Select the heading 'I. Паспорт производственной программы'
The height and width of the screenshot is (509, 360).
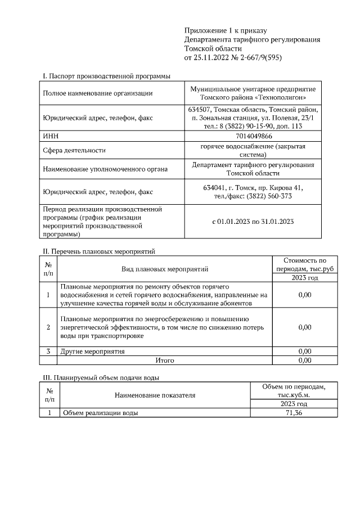[106, 76]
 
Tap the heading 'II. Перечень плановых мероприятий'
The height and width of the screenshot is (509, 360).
[99, 251]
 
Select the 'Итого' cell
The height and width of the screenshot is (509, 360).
[164, 360]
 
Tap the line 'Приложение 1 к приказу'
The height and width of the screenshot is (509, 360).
[225, 30]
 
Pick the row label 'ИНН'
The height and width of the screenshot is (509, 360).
[51, 136]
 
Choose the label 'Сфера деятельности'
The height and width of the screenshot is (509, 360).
[74, 151]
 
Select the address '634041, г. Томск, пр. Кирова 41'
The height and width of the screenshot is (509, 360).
[254, 187]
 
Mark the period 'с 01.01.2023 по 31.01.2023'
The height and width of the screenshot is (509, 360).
[253, 222]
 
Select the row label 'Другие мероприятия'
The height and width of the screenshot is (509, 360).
[92, 352]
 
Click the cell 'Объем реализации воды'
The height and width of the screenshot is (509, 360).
[100, 413]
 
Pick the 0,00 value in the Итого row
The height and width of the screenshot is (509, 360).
[304, 360]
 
